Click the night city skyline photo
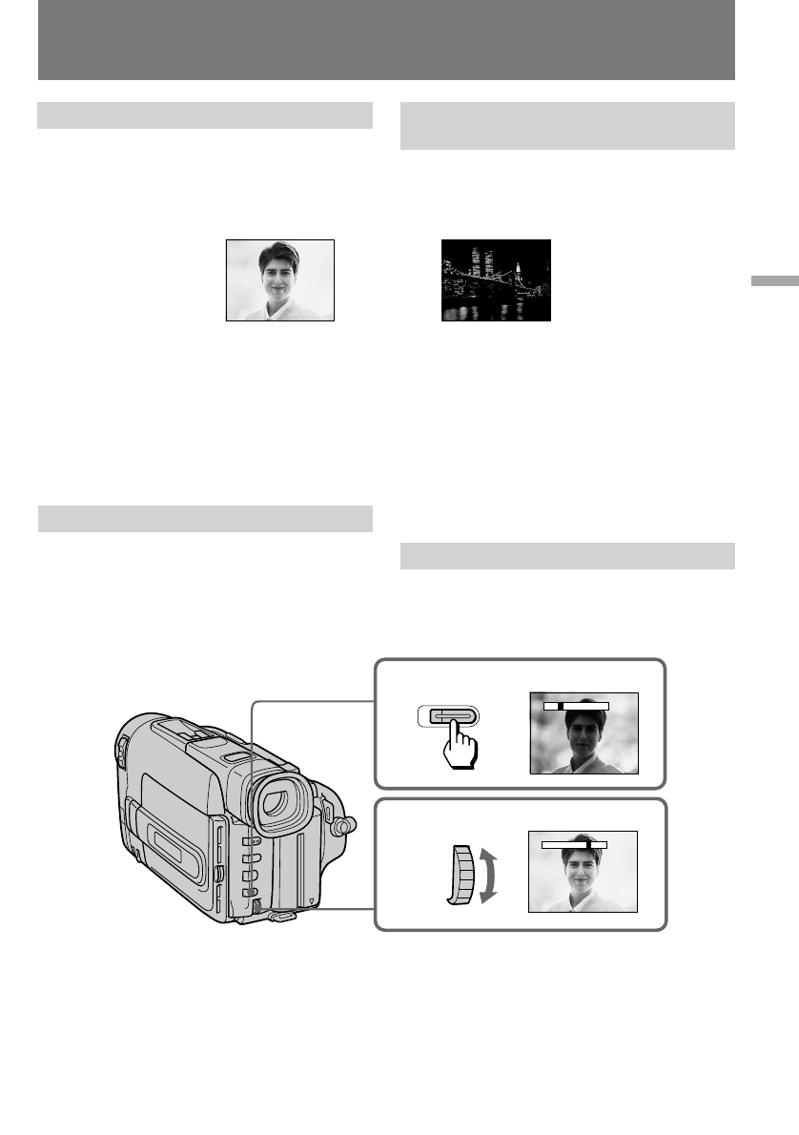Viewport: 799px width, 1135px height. click(496, 280)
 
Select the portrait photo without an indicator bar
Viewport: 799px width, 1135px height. click(279, 279)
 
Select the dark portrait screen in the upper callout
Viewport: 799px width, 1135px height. click(584, 733)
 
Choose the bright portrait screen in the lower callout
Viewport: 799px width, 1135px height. click(582, 872)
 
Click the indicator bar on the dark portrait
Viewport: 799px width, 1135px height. click(576, 707)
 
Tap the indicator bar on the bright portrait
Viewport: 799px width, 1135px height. click(574, 844)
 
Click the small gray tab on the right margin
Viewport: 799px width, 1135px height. click(772, 282)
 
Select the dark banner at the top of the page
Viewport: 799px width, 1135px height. click(386, 40)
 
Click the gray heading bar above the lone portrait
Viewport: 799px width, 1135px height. click(204, 115)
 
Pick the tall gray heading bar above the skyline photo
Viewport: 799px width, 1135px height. click(567, 126)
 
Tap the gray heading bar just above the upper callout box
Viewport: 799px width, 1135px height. click(567, 555)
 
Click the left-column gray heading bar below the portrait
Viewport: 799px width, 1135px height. click(204, 518)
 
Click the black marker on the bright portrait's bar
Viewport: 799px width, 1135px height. click(590, 844)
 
